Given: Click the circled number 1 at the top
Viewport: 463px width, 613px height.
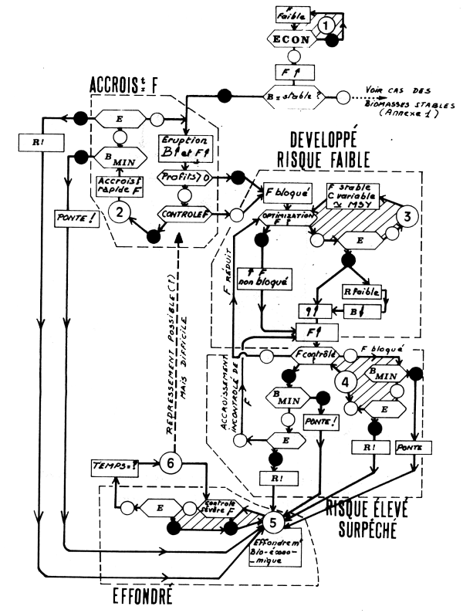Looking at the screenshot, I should [327, 25].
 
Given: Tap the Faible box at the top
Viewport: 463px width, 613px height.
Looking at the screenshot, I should [292, 15].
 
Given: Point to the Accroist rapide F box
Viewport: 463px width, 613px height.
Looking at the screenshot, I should [118, 184].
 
